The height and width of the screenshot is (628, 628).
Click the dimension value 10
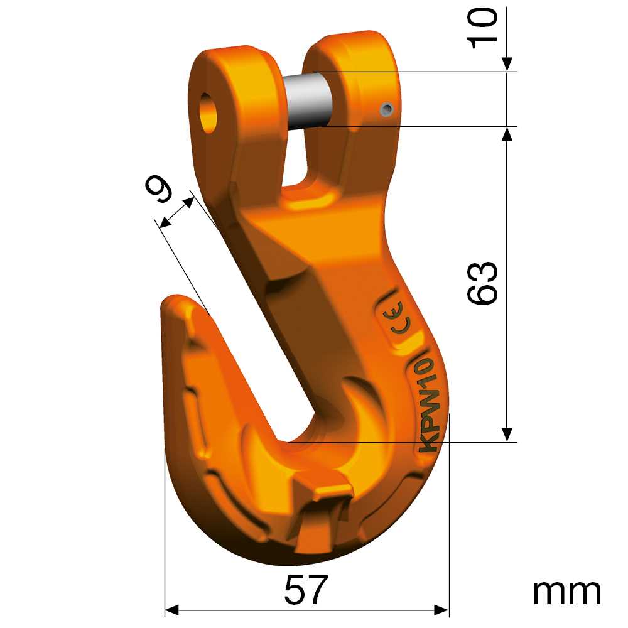pos(482,28)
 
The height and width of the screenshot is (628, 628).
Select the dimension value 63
pos(482,283)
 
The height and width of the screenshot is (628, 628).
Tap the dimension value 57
pos(306,590)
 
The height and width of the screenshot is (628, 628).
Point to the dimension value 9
pos(159,190)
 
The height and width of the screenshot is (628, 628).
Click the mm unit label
pos(566,592)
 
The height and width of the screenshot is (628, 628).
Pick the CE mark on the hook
pos(398,319)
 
